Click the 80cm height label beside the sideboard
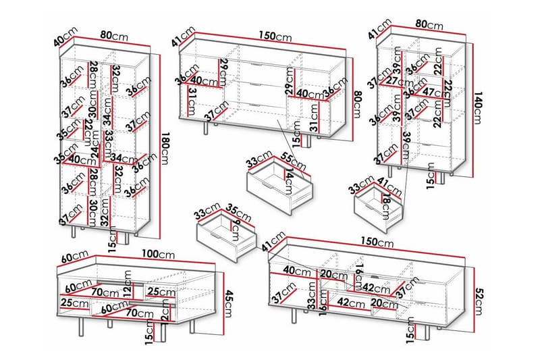[x=358, y=99]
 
